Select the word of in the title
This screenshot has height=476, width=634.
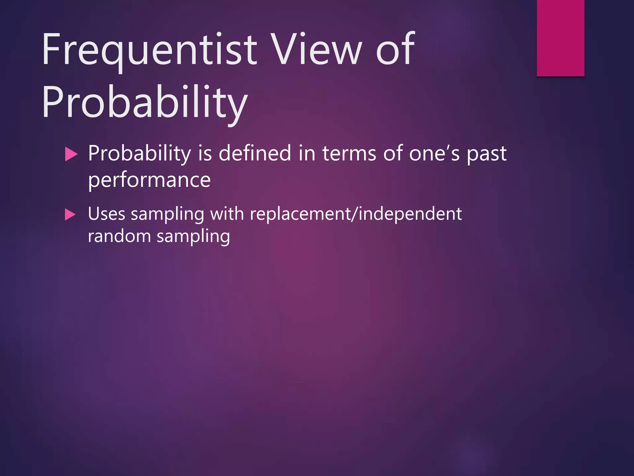pyautogui.click(x=395, y=50)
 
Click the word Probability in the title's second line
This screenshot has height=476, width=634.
pyautogui.click(x=145, y=102)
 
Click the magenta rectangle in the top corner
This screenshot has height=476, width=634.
pyautogui.click(x=560, y=38)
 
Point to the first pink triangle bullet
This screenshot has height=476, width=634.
pyautogui.click(x=71, y=154)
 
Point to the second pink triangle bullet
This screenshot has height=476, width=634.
pyautogui.click(x=70, y=214)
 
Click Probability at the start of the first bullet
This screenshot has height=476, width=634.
pyautogui.click(x=140, y=154)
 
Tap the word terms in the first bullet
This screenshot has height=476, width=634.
pyautogui.click(x=350, y=154)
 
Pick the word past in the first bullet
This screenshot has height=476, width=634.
pyautogui.click(x=486, y=154)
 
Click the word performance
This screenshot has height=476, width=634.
pyautogui.click(x=149, y=180)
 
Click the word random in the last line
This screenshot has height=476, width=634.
pyautogui.click(x=119, y=236)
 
